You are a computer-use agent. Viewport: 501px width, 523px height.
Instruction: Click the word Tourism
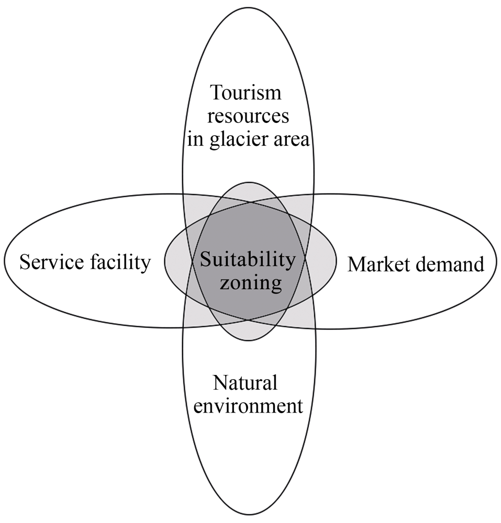[246, 93]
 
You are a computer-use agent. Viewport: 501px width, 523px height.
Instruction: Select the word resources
[248, 117]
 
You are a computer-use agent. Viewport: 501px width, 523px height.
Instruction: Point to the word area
[291, 140]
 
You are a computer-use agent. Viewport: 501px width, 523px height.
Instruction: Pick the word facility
[120, 263]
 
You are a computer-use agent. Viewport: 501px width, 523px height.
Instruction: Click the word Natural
[246, 383]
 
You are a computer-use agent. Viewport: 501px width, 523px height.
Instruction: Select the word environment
[248, 406]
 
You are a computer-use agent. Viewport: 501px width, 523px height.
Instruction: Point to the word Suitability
[248, 260]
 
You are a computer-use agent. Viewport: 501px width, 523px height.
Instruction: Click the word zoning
[251, 284]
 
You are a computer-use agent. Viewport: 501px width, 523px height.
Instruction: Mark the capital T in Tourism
[217, 93]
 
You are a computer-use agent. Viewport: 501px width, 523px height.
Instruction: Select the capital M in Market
[358, 264]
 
